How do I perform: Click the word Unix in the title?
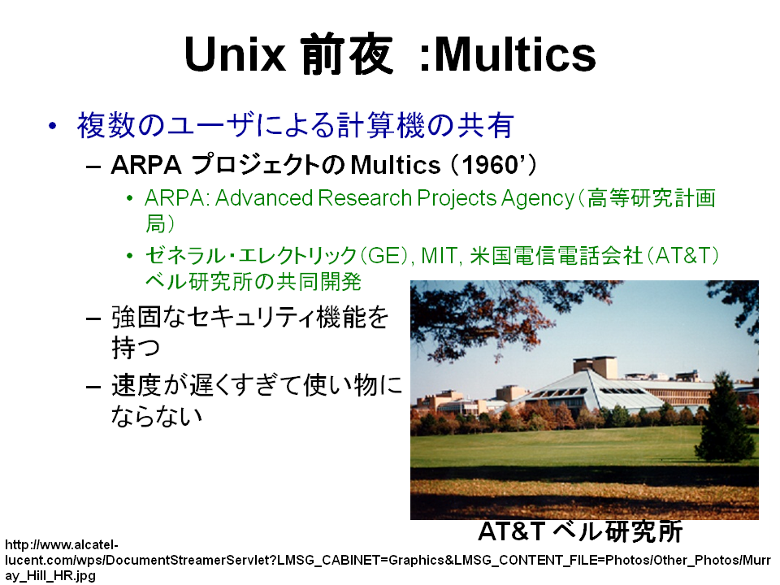235,54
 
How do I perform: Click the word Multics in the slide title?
515,54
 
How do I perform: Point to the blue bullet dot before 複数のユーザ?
53,125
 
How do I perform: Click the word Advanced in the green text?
263,198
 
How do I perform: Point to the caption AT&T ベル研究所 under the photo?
580,531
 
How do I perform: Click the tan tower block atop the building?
595,366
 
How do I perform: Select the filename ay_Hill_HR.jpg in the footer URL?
50,575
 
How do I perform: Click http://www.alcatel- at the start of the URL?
62,544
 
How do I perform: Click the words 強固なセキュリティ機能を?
249,318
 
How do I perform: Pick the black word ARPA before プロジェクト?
146,165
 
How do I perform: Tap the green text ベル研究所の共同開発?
253,282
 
